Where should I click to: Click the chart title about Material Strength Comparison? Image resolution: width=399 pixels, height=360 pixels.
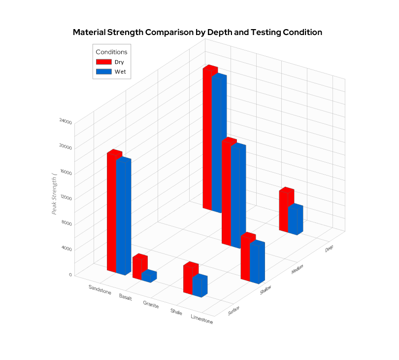point(197,33)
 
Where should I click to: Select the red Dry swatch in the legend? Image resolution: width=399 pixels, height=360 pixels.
point(104,62)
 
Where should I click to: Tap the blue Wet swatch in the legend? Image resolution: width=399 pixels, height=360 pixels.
point(104,72)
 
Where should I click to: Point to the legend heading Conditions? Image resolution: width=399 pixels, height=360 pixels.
point(111,52)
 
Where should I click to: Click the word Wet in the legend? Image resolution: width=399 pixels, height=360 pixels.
point(120,72)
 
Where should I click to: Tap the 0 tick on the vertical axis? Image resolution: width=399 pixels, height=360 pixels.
point(70,275)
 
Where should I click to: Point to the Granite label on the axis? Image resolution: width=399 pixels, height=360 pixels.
point(151,304)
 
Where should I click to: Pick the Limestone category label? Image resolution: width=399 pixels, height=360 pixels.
point(201,319)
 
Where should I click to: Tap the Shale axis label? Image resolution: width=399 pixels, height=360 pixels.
point(176,312)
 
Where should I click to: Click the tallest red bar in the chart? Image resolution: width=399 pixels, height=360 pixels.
point(207,138)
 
